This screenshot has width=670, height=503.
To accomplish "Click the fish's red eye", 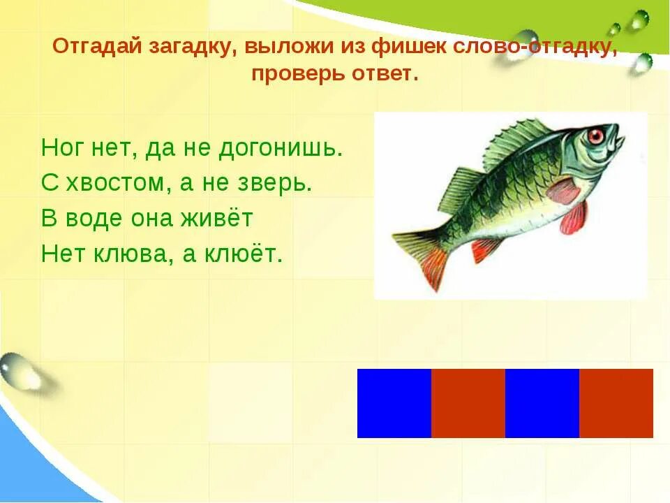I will [595, 136].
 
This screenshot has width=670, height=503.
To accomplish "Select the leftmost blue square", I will [394, 403].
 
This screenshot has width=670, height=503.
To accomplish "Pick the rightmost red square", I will [616, 403].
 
